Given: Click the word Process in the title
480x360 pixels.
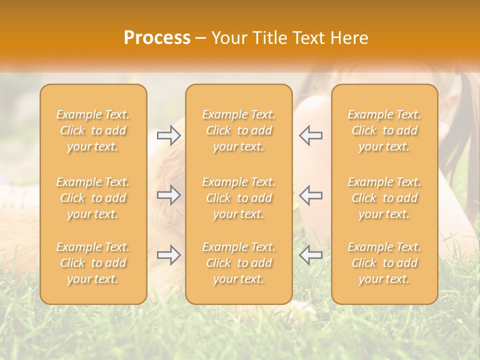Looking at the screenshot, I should tap(157, 37).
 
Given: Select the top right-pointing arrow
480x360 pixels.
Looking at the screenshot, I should tap(169, 135).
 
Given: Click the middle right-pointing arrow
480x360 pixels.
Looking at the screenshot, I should tap(169, 195).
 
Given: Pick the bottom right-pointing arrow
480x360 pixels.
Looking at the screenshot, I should tap(169, 255).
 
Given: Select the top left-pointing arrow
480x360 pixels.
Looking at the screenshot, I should tap(311, 135).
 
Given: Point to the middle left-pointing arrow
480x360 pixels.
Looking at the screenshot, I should tap(311, 195).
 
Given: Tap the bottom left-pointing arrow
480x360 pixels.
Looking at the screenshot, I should tap(311, 255).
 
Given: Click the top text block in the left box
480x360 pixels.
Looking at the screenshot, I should tap(93, 130).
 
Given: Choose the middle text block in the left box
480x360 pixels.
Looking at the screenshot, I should tap(93, 198).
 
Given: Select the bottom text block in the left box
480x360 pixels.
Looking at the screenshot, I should tap(93, 263).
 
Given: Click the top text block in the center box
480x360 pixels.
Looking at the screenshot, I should tap(239, 130).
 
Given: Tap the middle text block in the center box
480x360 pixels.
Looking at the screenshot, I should tap(239, 198).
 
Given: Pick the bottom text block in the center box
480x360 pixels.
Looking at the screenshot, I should tap(239, 263).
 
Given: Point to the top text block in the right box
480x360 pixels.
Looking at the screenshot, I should tap(384, 130).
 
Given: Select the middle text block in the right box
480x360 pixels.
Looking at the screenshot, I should tap(384, 198).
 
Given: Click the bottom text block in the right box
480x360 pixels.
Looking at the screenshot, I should tap(384, 263).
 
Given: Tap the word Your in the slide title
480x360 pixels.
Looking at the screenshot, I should tap(228, 37).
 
